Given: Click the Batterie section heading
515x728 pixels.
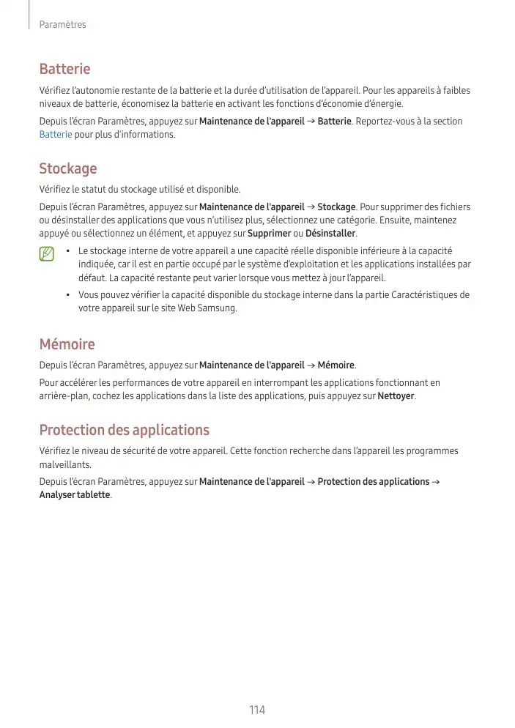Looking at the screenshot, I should (x=64, y=69).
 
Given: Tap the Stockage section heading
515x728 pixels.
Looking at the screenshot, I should (x=67, y=168).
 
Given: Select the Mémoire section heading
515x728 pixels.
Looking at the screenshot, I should (x=67, y=343).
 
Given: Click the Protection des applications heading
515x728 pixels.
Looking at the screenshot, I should (x=124, y=429).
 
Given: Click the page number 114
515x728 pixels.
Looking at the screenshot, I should (x=256, y=710).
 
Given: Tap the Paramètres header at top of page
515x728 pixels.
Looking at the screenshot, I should (x=62, y=25).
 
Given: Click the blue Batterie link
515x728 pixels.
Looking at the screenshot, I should (x=55, y=135).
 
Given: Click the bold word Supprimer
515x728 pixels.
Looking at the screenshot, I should (x=269, y=234).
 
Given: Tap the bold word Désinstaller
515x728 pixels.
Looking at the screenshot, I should (x=330, y=234).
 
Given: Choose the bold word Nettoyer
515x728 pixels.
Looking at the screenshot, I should (x=396, y=396).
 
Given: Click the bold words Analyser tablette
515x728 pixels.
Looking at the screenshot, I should (x=75, y=494).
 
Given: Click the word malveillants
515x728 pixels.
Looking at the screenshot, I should (x=66, y=465).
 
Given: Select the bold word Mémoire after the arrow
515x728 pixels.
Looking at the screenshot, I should (x=336, y=365).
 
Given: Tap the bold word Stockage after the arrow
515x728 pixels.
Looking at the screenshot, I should (x=336, y=207).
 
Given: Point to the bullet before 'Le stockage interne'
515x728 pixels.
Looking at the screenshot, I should (x=67, y=251).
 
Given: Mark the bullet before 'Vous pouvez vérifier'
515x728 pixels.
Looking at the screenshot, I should (x=67, y=295).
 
